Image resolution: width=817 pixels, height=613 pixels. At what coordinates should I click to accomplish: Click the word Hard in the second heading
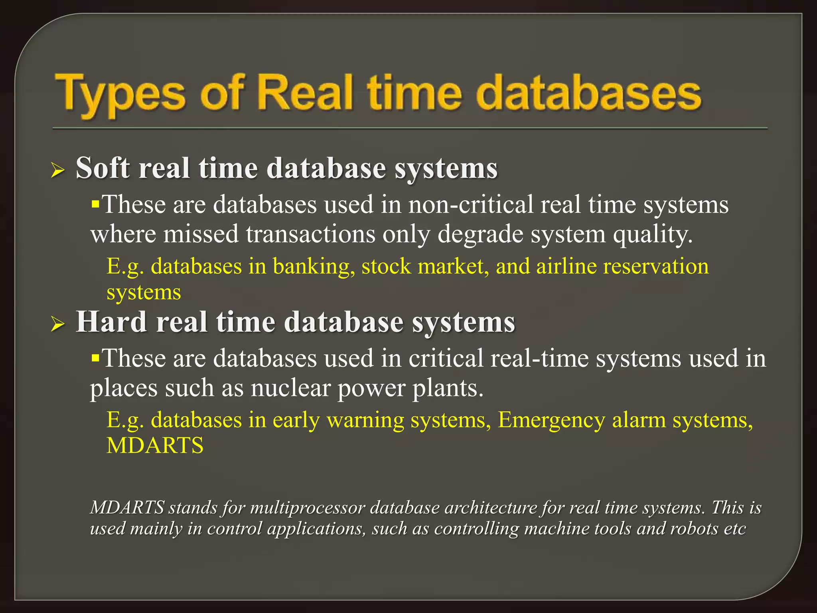(111, 322)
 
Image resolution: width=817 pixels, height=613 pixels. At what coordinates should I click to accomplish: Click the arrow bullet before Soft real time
(58, 171)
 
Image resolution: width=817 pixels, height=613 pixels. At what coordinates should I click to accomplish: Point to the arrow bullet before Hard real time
(58, 324)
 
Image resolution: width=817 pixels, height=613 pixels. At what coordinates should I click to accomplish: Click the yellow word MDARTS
(155, 445)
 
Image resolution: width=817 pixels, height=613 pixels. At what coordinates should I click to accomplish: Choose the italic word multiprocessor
(308, 508)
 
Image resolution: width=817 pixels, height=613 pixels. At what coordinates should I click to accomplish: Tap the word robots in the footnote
(695, 528)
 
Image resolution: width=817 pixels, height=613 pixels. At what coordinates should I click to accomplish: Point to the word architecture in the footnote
(490, 508)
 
